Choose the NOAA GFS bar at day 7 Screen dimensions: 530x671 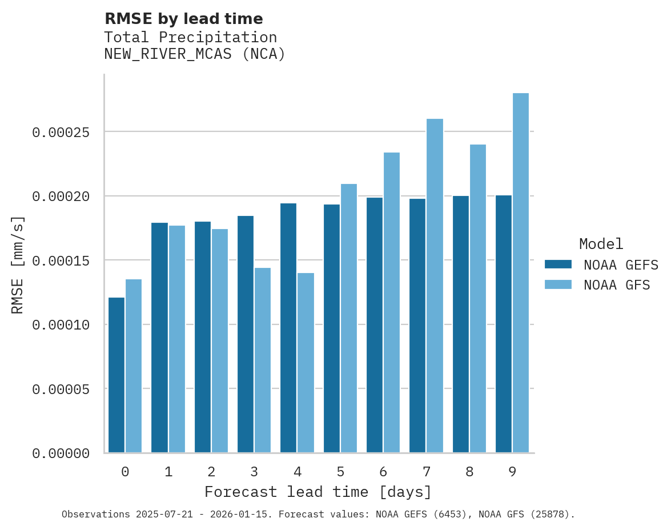click(435, 286)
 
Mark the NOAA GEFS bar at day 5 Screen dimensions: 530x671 click(332, 328)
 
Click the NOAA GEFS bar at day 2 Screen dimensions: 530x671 click(203, 337)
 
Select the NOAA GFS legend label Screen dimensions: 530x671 click(617, 285)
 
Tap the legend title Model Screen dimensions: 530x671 click(601, 244)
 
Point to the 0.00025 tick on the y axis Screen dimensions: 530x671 click(61, 132)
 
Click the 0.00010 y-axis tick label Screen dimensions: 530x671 click(61, 325)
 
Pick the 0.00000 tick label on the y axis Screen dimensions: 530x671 click(61, 453)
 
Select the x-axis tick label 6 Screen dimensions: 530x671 click(383, 472)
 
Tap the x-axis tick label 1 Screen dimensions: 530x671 click(168, 472)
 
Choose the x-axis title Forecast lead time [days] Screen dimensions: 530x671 click(318, 492)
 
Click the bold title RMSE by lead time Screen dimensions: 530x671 click(184, 19)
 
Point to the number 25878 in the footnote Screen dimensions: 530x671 click(553, 515)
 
